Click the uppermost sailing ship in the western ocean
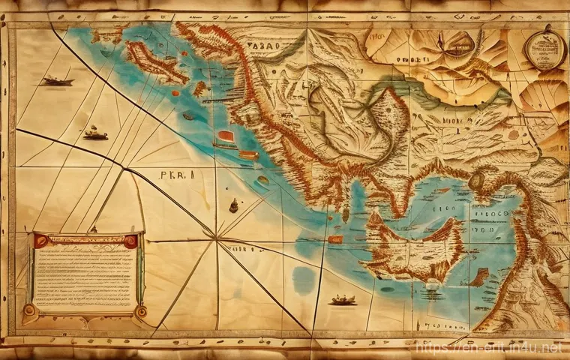point(57,79)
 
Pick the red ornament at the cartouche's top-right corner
point(131,241)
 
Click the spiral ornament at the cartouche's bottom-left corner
point(29,310)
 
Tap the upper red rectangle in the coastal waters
point(226,136)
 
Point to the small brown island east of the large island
point(478,277)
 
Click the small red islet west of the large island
point(337,240)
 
